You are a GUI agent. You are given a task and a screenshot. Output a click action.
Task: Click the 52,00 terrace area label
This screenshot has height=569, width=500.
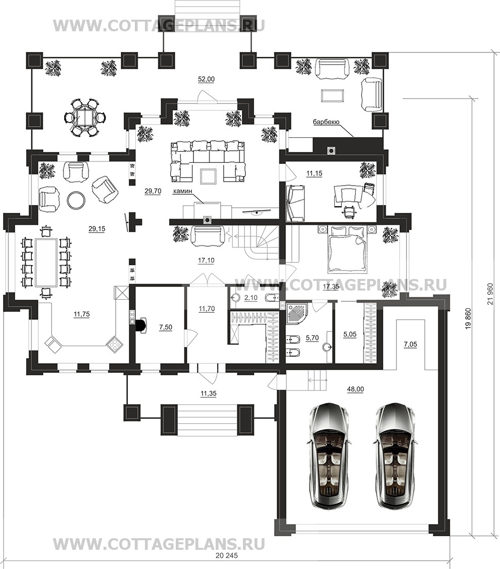tap(206, 80)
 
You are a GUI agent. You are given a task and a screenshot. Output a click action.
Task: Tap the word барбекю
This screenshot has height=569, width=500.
tap(326, 122)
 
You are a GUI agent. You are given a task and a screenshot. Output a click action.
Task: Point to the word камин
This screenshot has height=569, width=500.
tap(183, 191)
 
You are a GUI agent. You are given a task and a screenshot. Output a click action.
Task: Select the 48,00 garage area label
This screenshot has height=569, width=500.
tap(356, 389)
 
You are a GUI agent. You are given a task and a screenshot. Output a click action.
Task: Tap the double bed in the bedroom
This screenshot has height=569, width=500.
tap(346, 249)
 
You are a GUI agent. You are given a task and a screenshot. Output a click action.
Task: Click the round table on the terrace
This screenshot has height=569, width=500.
tap(85, 117)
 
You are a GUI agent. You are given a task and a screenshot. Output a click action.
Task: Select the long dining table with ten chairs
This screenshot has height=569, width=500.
tap(46, 262)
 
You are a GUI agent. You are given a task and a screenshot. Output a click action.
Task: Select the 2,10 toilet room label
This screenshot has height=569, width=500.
tap(251, 298)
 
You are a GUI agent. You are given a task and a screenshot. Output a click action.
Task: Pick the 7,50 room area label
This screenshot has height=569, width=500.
tap(165, 327)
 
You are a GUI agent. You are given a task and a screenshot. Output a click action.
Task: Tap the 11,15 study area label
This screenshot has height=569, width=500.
tap(314, 174)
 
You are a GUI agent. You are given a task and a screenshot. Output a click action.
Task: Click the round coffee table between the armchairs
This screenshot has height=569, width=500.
tap(76, 199)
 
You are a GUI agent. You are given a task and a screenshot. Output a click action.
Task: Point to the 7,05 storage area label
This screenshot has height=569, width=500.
tap(410, 345)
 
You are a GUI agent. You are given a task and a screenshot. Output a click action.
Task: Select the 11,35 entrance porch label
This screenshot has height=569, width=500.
tap(208, 393)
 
